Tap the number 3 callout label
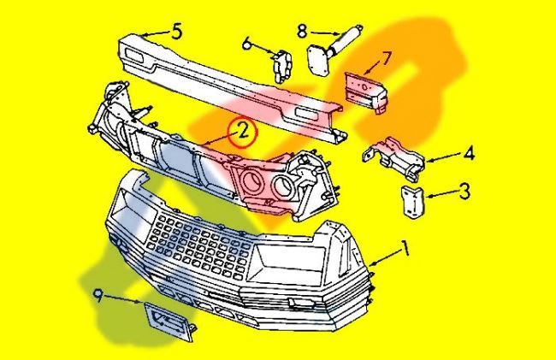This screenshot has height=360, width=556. click(x=464, y=191)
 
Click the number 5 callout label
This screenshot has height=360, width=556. click(x=175, y=32)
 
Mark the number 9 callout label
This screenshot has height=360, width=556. click(x=99, y=296)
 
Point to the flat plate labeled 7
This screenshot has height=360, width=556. click(x=362, y=88)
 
